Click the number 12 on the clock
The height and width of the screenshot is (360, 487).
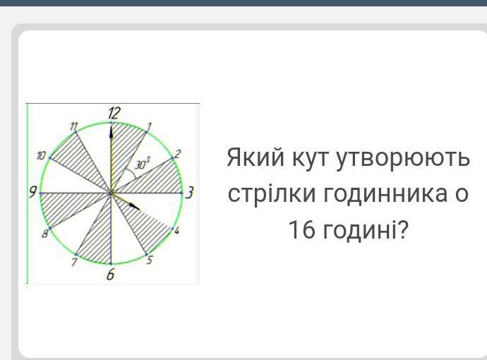coord(114,113)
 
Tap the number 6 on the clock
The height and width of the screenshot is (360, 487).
coord(110,275)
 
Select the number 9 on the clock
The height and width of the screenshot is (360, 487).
coord(33,192)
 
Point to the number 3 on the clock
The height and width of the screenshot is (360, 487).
coord(189,193)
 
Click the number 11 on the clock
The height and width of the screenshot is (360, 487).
coord(73,127)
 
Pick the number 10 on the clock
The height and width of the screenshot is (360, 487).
coord(41,155)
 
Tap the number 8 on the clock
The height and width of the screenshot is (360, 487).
coord(45,234)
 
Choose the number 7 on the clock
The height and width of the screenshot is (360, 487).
coord(74,263)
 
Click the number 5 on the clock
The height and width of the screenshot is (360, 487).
coord(150,260)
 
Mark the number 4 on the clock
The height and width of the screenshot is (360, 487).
coord(176,231)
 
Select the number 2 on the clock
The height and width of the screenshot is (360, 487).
coord(178,154)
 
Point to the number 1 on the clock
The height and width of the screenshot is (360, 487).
coord(149,127)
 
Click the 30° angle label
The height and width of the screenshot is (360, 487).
coord(143,164)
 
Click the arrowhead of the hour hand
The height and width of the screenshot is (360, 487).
coord(135,207)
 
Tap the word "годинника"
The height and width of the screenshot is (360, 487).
coord(385,193)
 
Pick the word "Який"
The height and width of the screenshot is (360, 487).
coord(255,157)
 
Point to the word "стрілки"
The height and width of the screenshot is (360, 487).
coord(272,193)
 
